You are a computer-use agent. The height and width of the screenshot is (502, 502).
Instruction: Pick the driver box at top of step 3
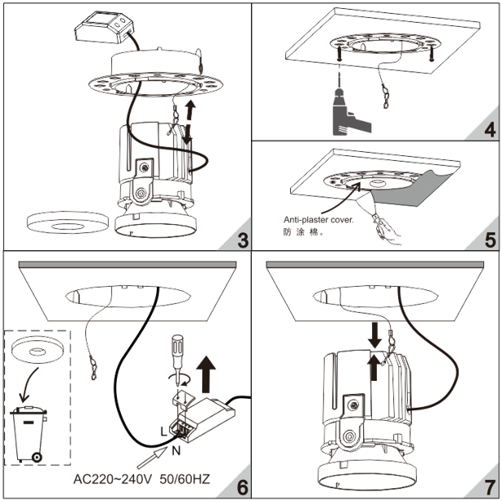click(102, 30)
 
